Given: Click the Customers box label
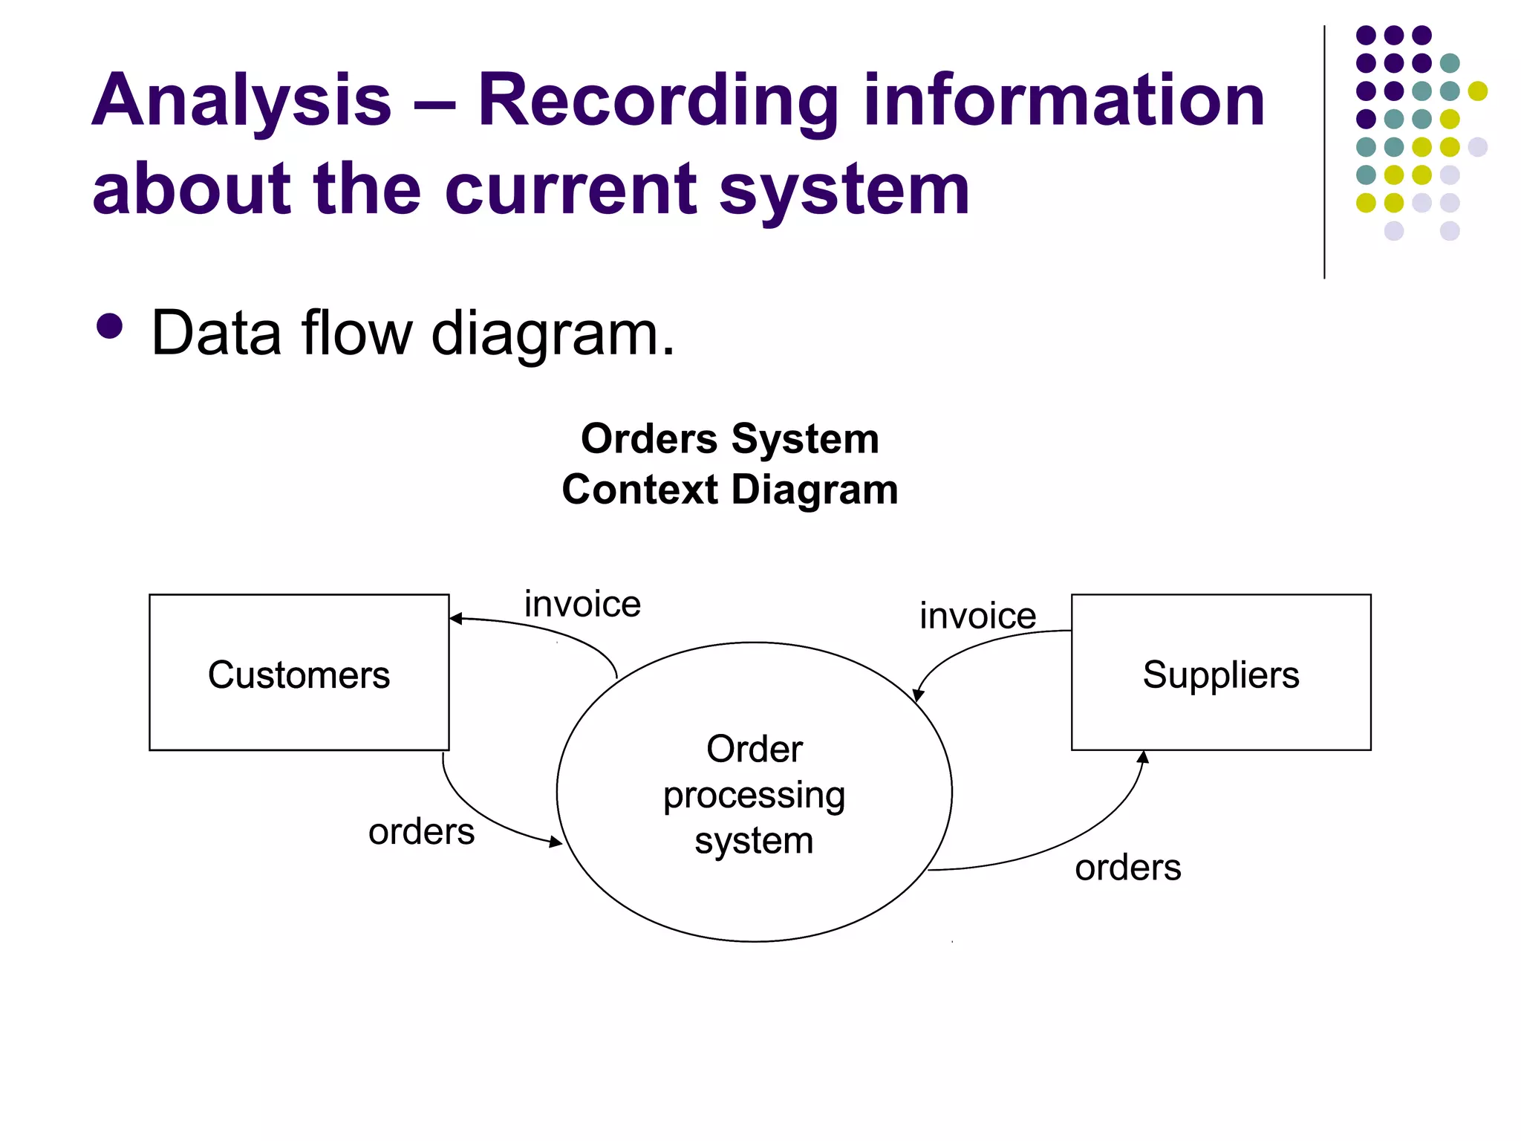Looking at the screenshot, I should point(299,674).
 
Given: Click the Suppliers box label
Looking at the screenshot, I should point(1220,674).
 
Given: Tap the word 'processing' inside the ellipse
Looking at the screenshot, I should point(754,796).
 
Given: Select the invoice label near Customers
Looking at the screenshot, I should point(582,604).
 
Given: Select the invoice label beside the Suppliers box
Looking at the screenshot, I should point(977,616).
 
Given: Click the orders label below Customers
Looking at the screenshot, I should point(421,831).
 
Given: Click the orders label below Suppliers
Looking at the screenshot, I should point(1127,867).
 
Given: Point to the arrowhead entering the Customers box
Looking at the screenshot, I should point(456,618).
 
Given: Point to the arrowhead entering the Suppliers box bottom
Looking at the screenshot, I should point(1144,757).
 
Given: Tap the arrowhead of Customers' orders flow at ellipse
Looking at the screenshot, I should point(556,842).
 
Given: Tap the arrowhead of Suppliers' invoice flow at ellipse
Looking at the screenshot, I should point(918,695).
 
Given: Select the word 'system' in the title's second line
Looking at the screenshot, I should point(844,189).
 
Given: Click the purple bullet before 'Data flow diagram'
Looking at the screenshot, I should point(109,326).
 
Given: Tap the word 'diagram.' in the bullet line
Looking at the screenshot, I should point(553,334).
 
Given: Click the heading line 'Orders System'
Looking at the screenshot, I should point(729,438).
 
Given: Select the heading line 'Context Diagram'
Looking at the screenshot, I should point(729,490).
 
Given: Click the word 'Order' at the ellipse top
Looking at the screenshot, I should point(754,749).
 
